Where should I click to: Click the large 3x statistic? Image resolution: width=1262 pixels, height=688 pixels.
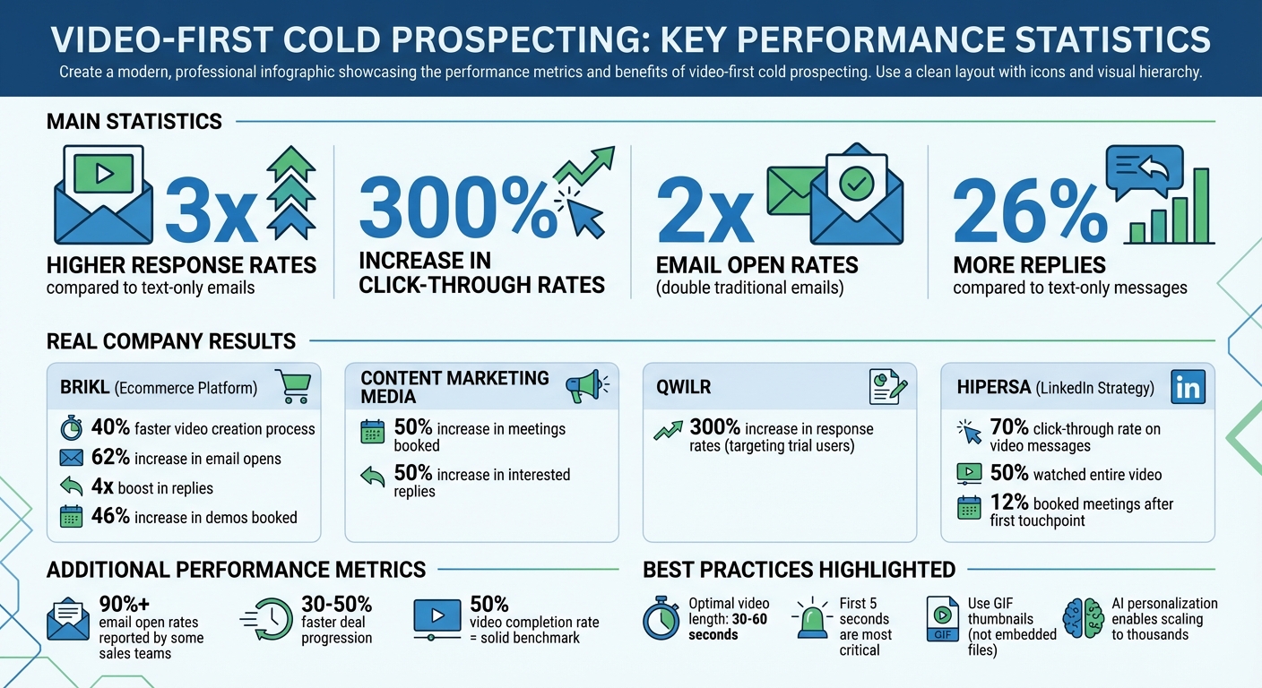tap(212, 211)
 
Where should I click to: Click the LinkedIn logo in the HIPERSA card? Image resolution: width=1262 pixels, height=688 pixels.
tap(1188, 388)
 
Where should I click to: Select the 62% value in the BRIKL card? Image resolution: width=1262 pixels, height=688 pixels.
tap(110, 458)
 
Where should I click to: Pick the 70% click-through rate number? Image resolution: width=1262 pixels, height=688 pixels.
tap(1009, 428)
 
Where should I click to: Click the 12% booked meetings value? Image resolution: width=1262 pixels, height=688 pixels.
tap(1008, 503)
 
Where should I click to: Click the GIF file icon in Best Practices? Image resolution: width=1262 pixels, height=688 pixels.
tap(942, 619)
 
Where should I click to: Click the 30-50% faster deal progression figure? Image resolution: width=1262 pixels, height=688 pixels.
tap(336, 604)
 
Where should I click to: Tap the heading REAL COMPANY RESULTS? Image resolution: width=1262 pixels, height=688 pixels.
tap(170, 341)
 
